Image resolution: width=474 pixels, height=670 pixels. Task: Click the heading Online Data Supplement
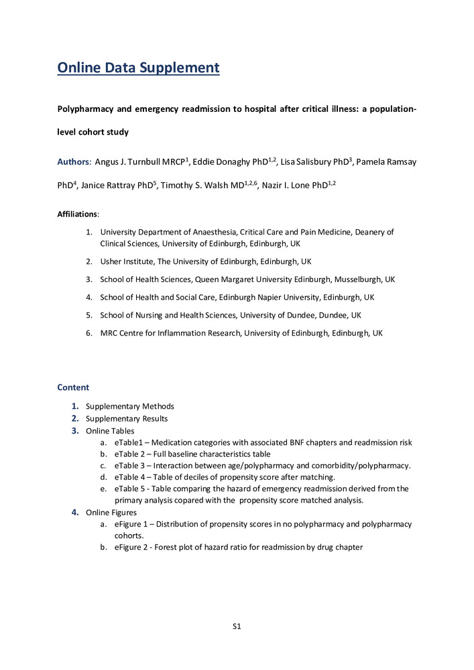[x=138, y=68]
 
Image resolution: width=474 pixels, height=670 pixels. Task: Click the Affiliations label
[x=77, y=214]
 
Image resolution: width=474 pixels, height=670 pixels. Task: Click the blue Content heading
[x=73, y=387]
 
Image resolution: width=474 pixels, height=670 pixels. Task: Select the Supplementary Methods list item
[x=129, y=406]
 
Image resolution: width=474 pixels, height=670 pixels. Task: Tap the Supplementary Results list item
[x=127, y=419]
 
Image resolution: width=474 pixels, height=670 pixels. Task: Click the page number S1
[x=237, y=626]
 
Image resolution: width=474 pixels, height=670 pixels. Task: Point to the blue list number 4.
[x=75, y=513]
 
